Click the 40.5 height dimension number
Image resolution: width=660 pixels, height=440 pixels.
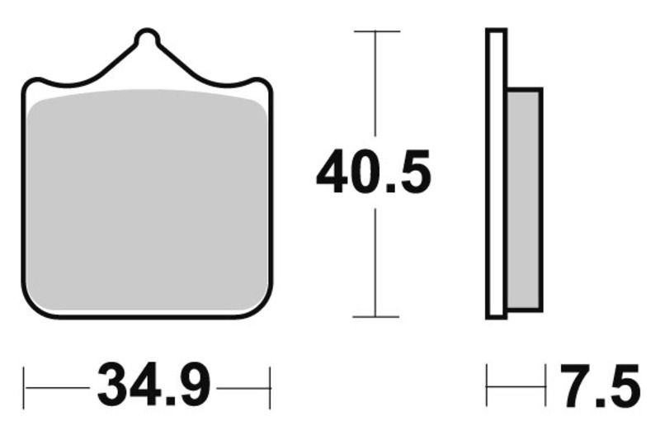[x=374, y=172]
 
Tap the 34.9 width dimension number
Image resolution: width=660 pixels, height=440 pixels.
[x=155, y=386]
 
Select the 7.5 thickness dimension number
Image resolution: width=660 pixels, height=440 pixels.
[x=601, y=386]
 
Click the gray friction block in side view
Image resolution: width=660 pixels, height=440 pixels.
[x=524, y=198]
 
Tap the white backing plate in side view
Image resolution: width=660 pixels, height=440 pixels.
[x=495, y=173]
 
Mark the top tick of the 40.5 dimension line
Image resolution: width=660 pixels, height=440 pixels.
[x=376, y=31]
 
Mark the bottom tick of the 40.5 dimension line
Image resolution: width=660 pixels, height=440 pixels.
[x=376, y=316]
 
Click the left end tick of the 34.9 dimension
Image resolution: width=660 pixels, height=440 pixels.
[x=25, y=386]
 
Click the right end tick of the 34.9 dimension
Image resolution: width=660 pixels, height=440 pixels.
[x=270, y=386]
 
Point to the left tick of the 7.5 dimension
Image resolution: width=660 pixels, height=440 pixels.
[x=487, y=386]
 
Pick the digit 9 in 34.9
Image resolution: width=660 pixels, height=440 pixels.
[x=193, y=386]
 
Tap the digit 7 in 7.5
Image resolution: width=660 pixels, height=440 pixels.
[x=577, y=386]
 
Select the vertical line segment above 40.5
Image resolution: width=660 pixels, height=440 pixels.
[x=376, y=83]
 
